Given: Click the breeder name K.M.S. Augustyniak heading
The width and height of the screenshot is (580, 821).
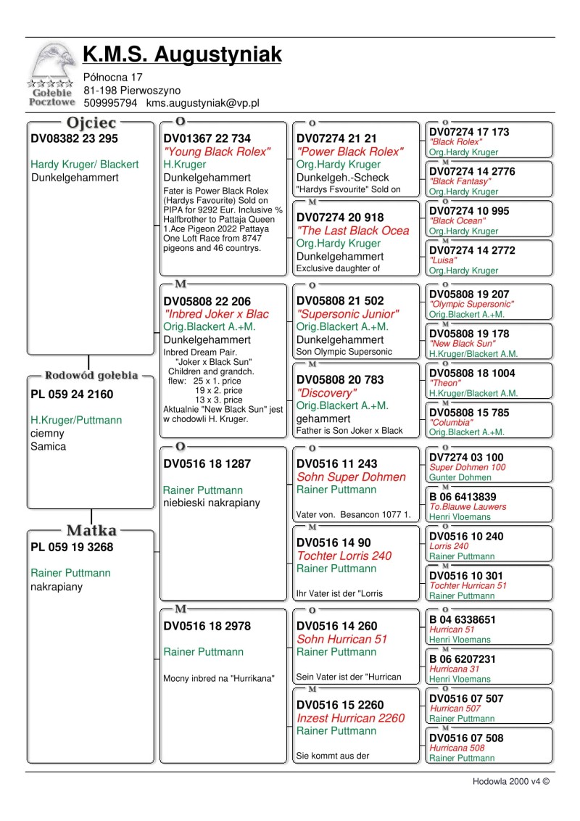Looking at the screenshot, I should [x=182, y=54].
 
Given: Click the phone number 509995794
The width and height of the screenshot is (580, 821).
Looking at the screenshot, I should [x=110, y=104].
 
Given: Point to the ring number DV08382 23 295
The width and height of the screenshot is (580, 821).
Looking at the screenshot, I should [x=74, y=139].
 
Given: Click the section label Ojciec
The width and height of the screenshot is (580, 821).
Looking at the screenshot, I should [x=91, y=123].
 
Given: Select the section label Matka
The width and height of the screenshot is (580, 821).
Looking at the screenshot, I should [x=91, y=531].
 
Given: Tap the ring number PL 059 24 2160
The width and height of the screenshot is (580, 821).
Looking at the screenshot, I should [x=72, y=395].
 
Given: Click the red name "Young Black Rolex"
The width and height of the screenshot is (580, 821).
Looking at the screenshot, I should [x=217, y=152].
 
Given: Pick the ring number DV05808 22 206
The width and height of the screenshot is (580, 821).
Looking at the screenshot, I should [x=207, y=301].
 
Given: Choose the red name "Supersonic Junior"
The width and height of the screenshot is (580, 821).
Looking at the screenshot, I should [x=348, y=314].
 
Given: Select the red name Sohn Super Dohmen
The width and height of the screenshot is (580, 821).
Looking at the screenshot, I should [x=352, y=476].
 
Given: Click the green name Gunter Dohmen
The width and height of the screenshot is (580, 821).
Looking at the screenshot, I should [x=460, y=478].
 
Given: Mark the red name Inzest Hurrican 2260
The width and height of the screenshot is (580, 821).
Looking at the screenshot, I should [x=351, y=718].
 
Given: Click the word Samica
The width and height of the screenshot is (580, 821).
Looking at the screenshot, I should [x=48, y=447].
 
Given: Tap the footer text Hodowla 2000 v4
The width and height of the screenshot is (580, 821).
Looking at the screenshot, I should [x=510, y=781].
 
